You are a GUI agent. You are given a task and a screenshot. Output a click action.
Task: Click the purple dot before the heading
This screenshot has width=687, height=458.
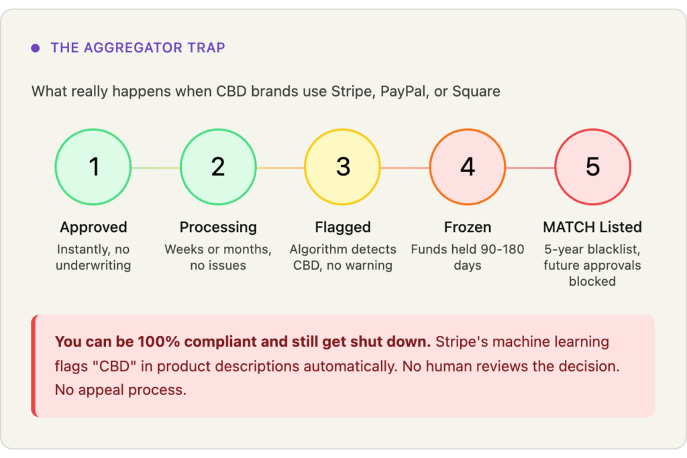tap(36, 48)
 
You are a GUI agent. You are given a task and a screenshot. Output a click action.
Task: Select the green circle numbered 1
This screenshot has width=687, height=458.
tap(93, 167)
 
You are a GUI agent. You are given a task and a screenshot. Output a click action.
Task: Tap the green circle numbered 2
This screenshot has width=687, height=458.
tap(218, 167)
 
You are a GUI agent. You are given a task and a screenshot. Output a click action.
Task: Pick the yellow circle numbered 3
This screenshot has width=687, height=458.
tap(343, 167)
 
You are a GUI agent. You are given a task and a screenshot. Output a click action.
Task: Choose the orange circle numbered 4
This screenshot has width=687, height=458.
tap(468, 167)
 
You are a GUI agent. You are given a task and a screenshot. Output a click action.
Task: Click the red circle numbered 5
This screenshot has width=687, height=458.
tap(592, 167)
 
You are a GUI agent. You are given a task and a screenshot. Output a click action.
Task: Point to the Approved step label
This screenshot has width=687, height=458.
tap(93, 227)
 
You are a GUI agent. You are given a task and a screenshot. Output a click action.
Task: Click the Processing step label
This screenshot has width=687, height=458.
tap(218, 227)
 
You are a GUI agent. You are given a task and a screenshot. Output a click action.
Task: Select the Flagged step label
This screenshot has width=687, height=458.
tap(343, 227)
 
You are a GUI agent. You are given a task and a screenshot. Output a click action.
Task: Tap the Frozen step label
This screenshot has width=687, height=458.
tap(468, 227)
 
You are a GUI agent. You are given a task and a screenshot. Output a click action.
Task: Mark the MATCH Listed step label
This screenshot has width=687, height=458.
tap(592, 227)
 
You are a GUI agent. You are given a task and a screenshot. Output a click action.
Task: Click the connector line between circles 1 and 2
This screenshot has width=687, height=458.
tap(156, 168)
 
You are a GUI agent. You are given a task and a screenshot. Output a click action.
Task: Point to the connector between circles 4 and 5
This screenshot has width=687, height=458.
tap(530, 168)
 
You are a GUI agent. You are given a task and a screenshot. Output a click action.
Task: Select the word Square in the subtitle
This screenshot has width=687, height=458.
tap(476, 91)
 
